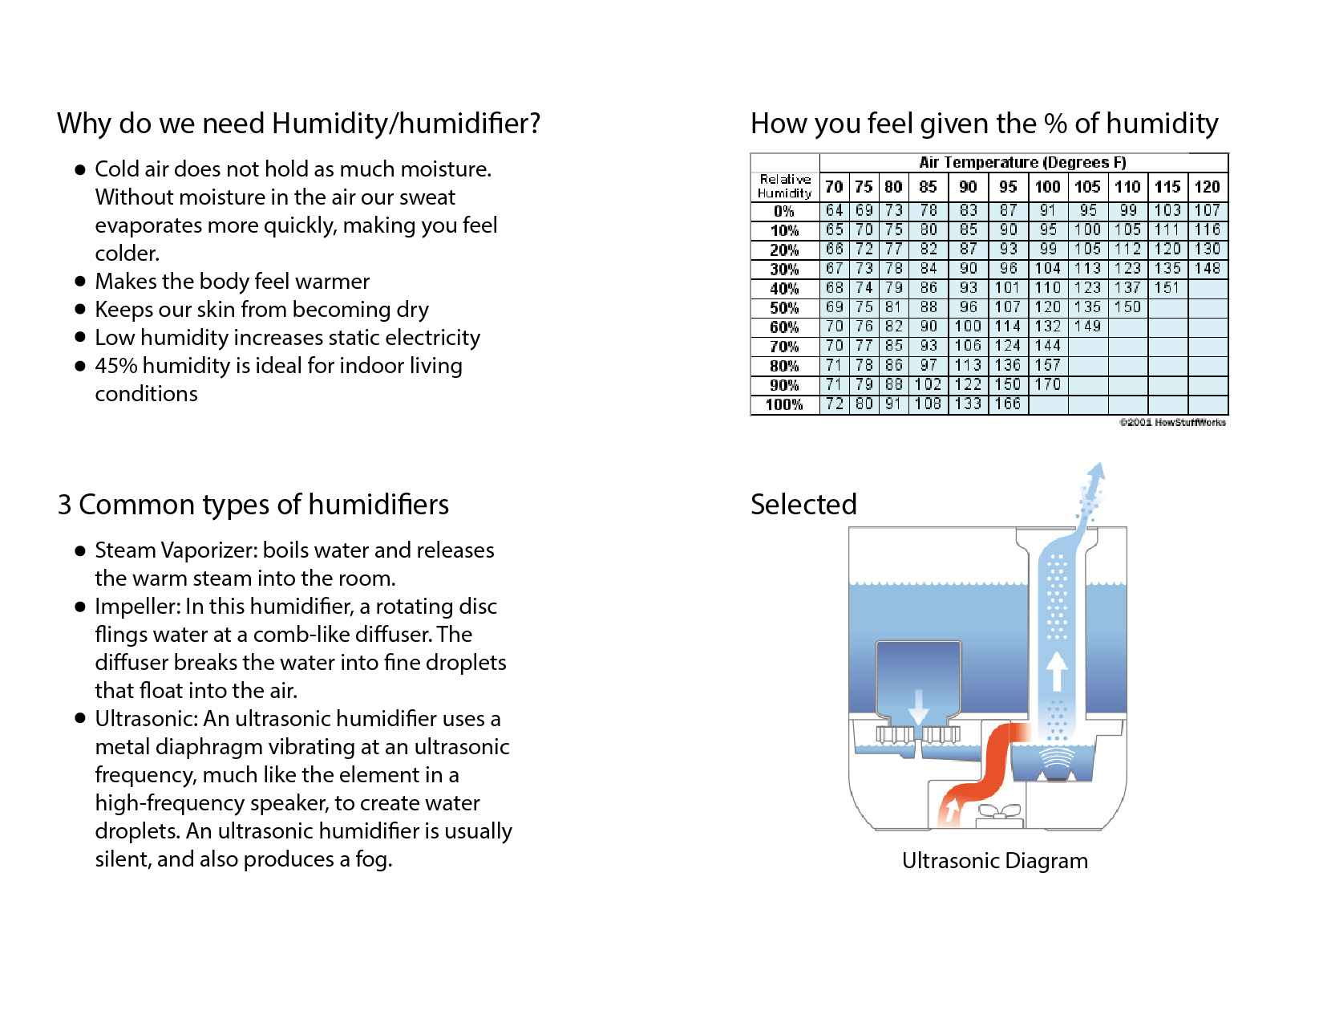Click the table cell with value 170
tap(1047, 384)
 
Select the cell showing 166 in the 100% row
tap(1008, 404)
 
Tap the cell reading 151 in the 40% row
tap(1167, 287)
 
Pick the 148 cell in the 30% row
tap(1207, 268)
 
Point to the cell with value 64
tap(834, 210)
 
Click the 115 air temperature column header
tap(1167, 187)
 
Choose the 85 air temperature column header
tap(928, 187)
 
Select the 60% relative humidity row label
tap(784, 327)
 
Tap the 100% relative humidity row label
tap(784, 404)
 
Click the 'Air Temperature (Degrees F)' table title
tap(1022, 162)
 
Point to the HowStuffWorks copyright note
tap(1172, 423)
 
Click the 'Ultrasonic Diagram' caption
tap(994, 861)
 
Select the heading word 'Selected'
tap(803, 505)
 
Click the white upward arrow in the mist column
tap(1057, 670)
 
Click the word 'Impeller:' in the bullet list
tap(137, 607)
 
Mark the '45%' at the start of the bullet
tap(116, 366)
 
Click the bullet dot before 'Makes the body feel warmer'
tap(80, 282)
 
